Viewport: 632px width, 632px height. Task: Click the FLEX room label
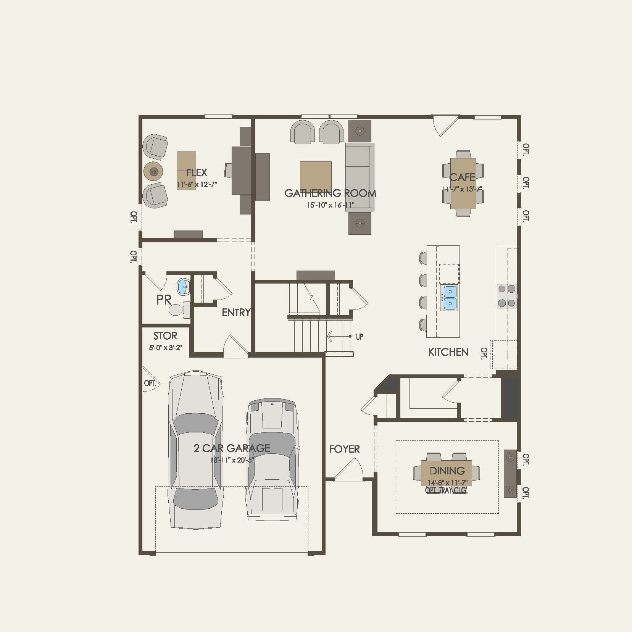click(x=197, y=173)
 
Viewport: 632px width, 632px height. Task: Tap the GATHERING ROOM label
click(x=331, y=193)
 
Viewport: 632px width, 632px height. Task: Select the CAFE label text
click(x=462, y=177)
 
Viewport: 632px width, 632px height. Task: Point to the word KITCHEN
click(x=448, y=352)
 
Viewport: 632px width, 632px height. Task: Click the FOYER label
click(x=344, y=449)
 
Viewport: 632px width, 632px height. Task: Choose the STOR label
click(x=165, y=336)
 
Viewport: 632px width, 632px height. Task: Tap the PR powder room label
click(x=164, y=300)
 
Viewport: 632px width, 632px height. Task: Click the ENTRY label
click(x=236, y=312)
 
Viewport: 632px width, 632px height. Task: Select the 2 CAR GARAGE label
click(x=232, y=448)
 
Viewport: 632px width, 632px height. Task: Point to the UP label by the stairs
click(x=360, y=337)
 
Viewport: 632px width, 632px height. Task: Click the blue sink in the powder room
click(x=184, y=287)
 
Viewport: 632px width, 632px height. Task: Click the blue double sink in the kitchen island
click(x=450, y=298)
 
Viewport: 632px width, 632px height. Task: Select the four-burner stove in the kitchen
click(x=507, y=296)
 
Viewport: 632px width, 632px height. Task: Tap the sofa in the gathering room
click(x=360, y=177)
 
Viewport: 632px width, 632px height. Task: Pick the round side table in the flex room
click(x=153, y=172)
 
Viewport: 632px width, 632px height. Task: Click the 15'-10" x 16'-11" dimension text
click(x=331, y=205)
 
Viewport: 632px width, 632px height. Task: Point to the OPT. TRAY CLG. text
click(x=447, y=490)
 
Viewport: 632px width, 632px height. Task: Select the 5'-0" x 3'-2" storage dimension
click(x=166, y=348)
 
